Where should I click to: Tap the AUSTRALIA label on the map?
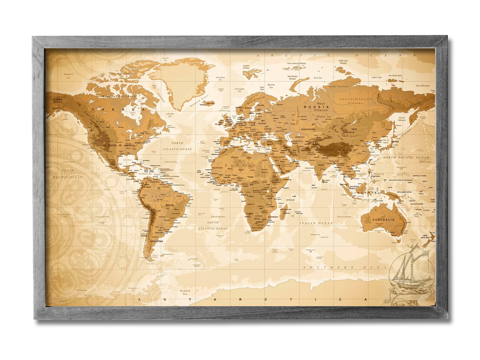tap(383, 220)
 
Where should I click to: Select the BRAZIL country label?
tap(170, 205)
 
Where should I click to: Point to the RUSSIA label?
tap(312, 107)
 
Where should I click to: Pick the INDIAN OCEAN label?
tap(316, 223)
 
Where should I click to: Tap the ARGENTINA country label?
tap(156, 241)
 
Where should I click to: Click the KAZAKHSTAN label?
tap(308, 129)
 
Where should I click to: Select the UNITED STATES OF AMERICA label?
tap(115, 145)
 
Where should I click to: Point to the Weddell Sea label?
tap(185, 292)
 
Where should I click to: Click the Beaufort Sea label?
tap(69, 76)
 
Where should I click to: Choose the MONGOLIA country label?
tap(349, 132)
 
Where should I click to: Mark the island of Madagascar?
tap(284, 213)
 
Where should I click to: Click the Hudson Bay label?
tap(132, 114)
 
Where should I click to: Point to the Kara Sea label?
tap(318, 78)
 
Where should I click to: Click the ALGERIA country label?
tap(235, 157)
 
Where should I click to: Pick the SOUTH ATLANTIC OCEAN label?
tap(213, 225)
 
